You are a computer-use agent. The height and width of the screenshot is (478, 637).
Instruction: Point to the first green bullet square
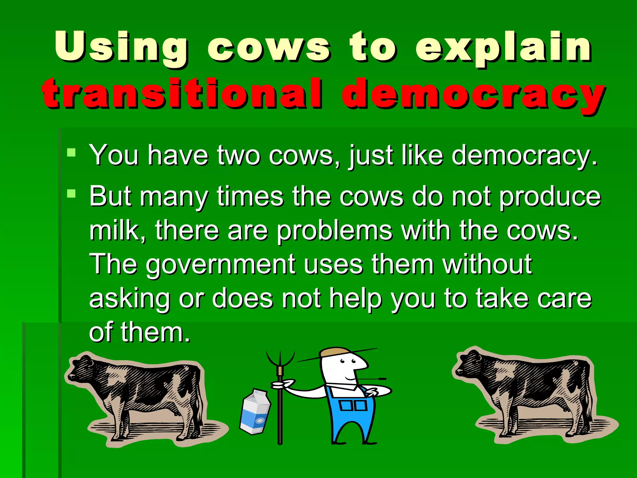[x=72, y=152]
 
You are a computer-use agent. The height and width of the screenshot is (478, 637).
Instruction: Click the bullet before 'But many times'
[x=72, y=194]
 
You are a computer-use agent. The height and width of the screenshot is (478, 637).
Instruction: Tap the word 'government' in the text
[x=221, y=265]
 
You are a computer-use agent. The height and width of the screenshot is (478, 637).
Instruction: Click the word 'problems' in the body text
[x=334, y=231]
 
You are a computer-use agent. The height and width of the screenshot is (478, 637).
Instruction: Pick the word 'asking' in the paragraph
[x=129, y=299]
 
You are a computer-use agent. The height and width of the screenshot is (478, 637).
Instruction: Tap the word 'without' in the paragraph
[x=487, y=265]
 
